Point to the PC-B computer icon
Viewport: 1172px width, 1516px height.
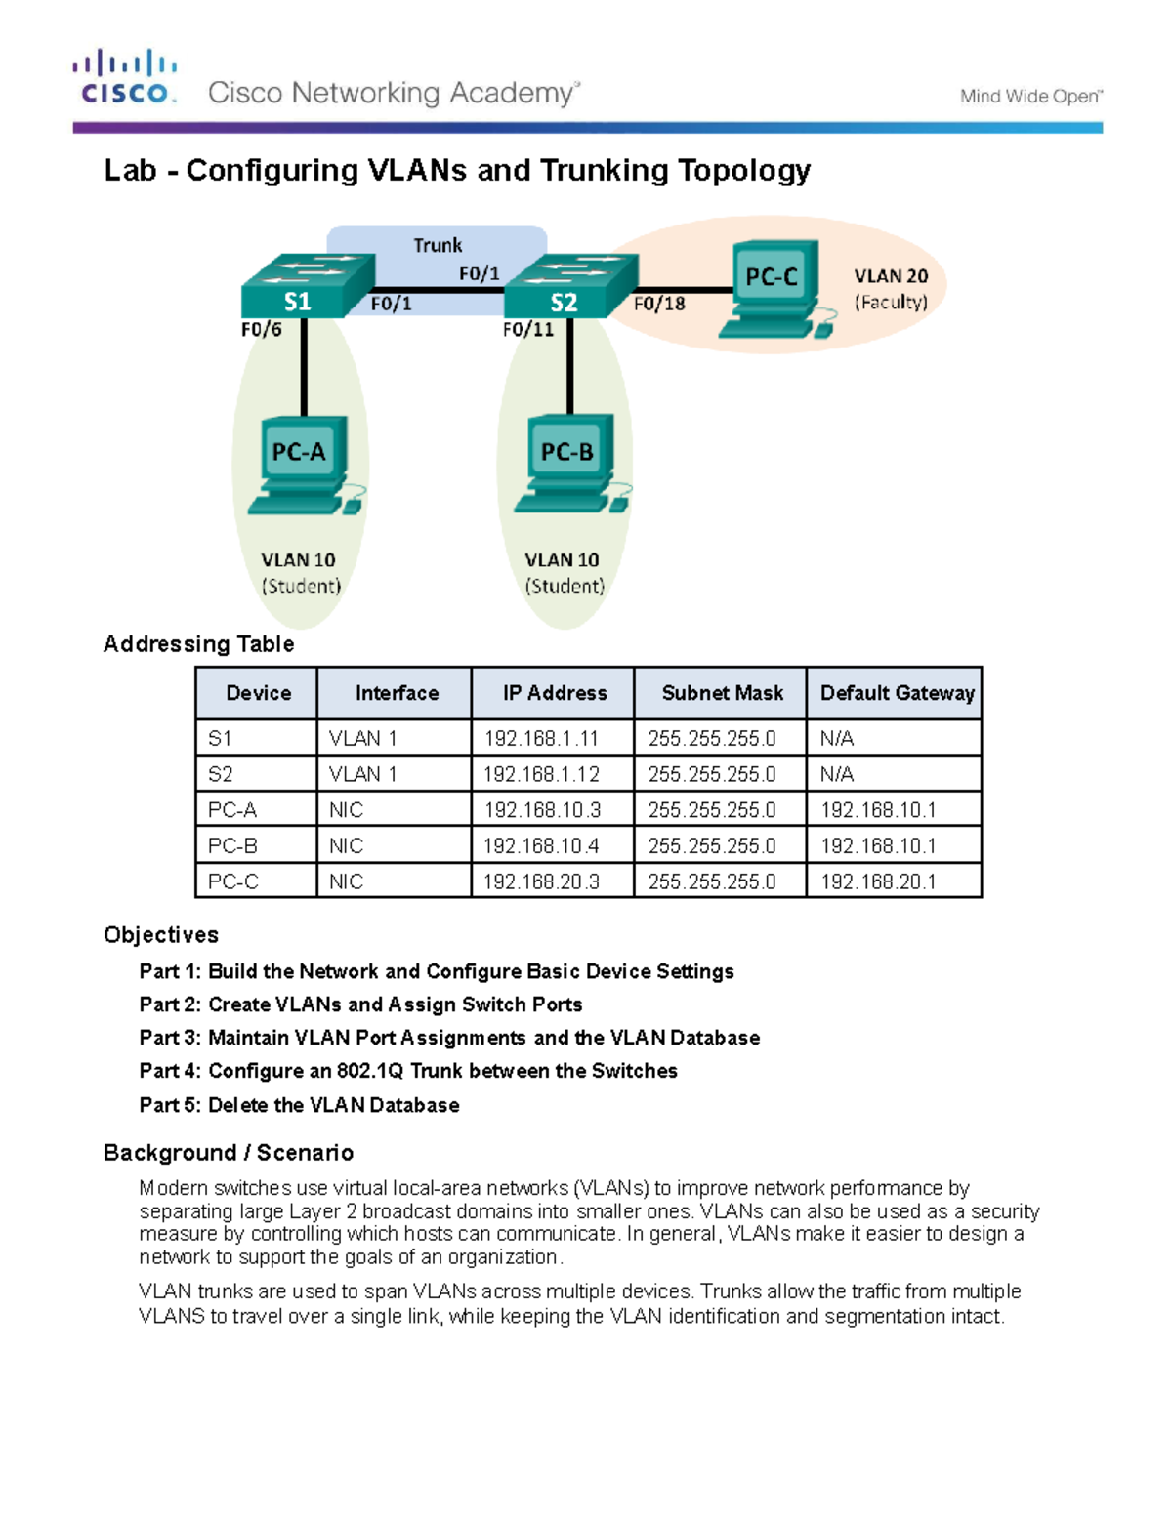pyautogui.click(x=569, y=465)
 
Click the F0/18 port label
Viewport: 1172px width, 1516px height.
pyautogui.click(x=659, y=304)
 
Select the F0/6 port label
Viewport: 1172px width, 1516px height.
pyautogui.click(x=261, y=330)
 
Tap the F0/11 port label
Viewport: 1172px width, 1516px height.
pyautogui.click(x=527, y=330)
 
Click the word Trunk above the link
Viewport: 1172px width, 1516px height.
pyautogui.click(x=437, y=245)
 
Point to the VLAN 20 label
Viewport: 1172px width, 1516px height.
pyautogui.click(x=891, y=276)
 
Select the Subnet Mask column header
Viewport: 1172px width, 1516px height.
pyautogui.click(x=722, y=693)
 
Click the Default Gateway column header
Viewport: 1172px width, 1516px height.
pyautogui.click(x=897, y=693)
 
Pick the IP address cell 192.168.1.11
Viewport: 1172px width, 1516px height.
pyautogui.click(x=541, y=739)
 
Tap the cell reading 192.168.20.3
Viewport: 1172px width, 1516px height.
pyautogui.click(x=541, y=882)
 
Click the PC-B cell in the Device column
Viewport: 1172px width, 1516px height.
pyautogui.click(x=232, y=846)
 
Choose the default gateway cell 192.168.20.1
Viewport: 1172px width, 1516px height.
pyautogui.click(x=878, y=882)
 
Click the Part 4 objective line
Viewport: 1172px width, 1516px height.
pyautogui.click(x=408, y=1071)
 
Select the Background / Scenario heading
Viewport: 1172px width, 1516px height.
pyautogui.click(x=229, y=1153)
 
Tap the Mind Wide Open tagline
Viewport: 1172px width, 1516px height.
pyautogui.click(x=1030, y=96)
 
